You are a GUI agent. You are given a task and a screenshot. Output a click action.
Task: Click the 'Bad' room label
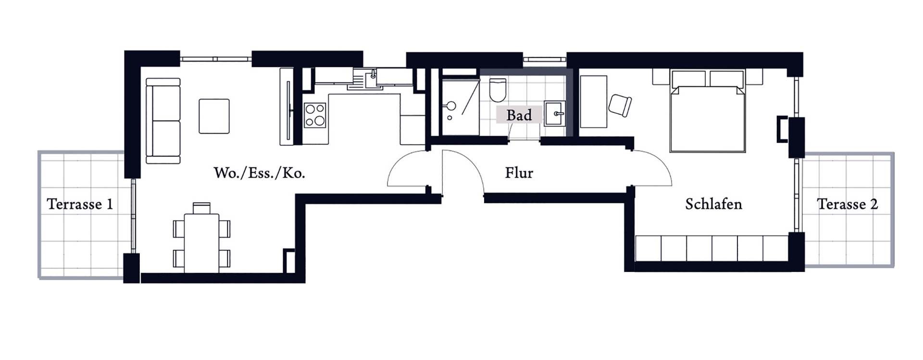pos(519,115)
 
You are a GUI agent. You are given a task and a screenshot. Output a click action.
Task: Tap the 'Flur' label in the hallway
pos(519,173)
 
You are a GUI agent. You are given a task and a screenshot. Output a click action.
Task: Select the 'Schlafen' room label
pos(713,204)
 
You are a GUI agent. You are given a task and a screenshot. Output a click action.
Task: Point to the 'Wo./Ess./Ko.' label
pos(259,173)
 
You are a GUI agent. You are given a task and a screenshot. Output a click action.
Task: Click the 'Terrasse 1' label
pos(80,204)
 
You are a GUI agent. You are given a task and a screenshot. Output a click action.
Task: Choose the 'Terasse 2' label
pos(848,204)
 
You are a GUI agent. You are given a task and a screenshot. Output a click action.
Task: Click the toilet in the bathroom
pos(498,90)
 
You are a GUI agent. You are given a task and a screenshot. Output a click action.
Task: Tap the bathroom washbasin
pos(556,114)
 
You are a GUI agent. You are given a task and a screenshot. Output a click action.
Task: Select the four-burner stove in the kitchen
pos(315,115)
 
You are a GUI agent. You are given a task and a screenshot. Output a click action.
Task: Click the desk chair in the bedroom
pos(620,105)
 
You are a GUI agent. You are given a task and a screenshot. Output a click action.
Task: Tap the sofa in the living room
pos(163,121)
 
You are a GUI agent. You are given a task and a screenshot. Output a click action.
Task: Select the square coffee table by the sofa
pos(214,116)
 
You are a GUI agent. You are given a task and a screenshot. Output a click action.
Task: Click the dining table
pos(202,243)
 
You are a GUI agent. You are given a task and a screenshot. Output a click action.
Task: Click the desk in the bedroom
pos(594,101)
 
